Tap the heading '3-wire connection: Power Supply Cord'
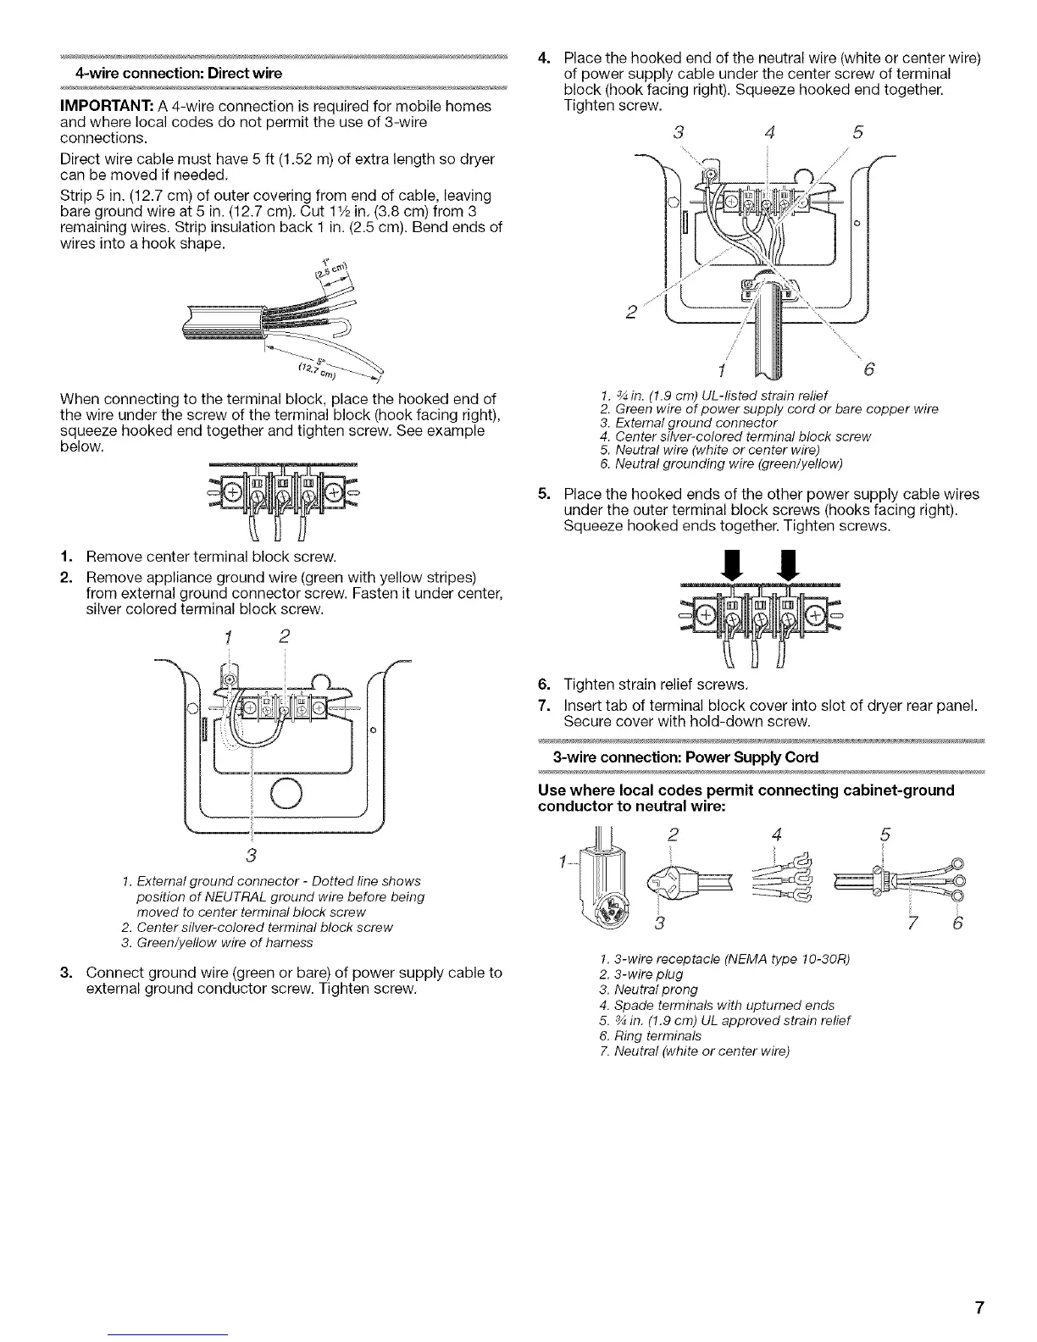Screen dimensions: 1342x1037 (685, 757)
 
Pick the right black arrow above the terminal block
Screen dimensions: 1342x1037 (790, 567)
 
